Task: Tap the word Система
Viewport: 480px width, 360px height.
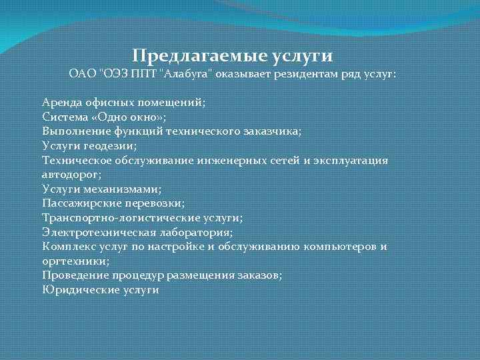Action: (63, 117)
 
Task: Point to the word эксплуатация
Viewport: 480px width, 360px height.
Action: (354, 161)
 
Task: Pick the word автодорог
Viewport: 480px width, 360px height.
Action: (70, 175)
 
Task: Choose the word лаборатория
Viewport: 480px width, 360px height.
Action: (194, 232)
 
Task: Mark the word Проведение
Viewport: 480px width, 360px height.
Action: (71, 275)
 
